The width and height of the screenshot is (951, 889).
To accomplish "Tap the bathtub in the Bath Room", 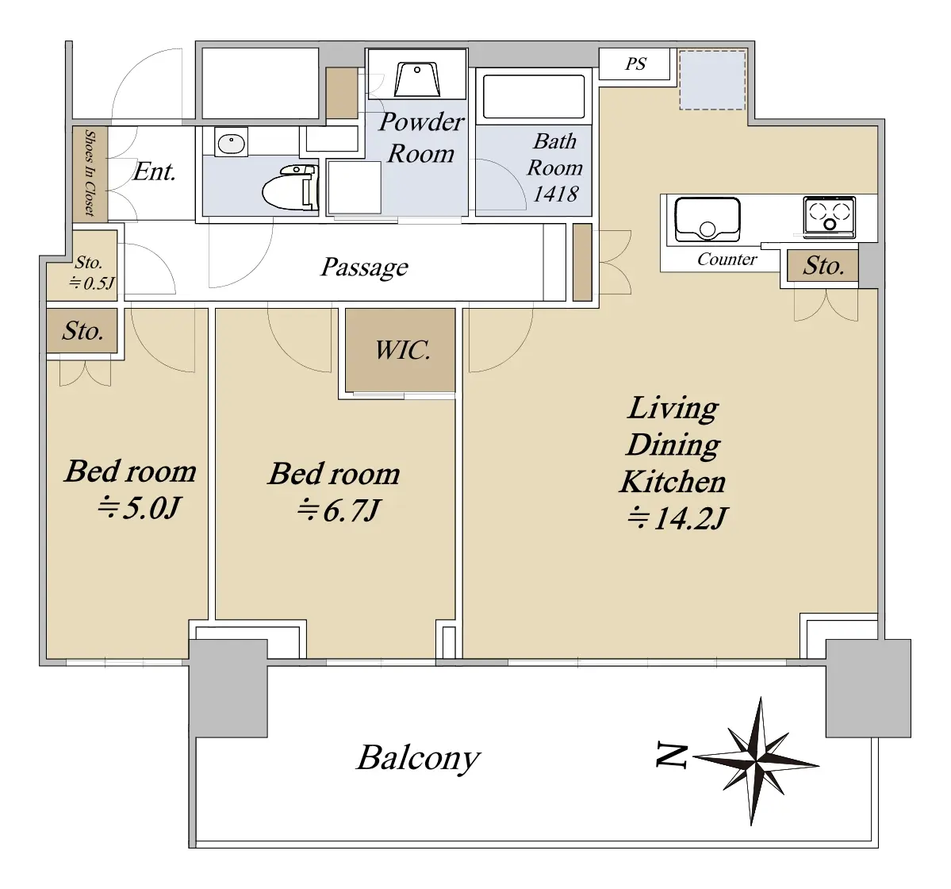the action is (534, 97).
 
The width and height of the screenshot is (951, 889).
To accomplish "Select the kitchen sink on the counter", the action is (707, 219).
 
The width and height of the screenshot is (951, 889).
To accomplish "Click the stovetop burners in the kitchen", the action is (829, 216).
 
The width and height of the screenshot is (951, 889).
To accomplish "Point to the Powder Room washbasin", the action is (417, 79).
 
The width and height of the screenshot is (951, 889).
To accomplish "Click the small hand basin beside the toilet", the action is (231, 144).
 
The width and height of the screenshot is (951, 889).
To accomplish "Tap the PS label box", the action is (635, 63).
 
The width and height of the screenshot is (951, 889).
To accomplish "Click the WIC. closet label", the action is (402, 350).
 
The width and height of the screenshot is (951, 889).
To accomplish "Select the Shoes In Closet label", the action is (90, 173).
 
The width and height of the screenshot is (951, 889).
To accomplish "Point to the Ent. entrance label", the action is (154, 171).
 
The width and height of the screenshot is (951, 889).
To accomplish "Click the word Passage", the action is (365, 267).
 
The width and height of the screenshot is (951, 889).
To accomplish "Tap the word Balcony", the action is (419, 758).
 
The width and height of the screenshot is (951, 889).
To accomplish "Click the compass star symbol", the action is (756, 760).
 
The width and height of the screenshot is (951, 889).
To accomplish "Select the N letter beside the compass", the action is (671, 756).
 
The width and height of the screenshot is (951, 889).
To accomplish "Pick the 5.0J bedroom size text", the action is (139, 508).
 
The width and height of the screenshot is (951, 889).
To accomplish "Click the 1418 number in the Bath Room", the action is (555, 194).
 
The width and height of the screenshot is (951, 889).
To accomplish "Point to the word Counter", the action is (727, 260).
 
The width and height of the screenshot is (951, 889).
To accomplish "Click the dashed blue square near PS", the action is (712, 80).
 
